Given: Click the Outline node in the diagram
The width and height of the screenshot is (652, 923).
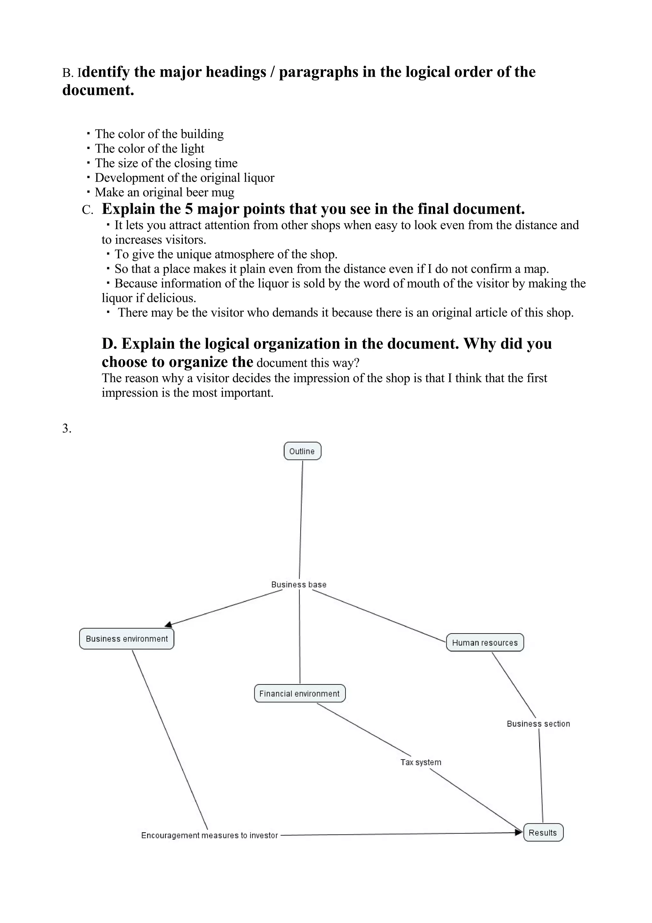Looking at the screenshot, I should pyautogui.click(x=302, y=451).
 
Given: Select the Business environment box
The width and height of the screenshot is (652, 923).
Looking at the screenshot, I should pyautogui.click(x=126, y=639).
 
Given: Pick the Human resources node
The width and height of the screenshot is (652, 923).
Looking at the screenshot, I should pyautogui.click(x=485, y=642).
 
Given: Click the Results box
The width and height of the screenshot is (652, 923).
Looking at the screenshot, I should pyautogui.click(x=543, y=833).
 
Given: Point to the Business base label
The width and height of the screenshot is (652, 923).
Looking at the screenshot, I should pyautogui.click(x=299, y=584).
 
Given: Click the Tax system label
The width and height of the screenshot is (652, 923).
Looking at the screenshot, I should pyautogui.click(x=421, y=762).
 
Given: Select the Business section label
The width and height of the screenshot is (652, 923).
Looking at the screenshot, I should pyautogui.click(x=538, y=724).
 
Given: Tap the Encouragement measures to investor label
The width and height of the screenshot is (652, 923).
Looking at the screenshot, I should pyautogui.click(x=209, y=835).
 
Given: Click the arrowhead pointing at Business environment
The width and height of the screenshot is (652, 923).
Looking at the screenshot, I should pyautogui.click(x=169, y=625).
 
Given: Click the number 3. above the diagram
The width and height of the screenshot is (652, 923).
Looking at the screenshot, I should pyautogui.click(x=67, y=429).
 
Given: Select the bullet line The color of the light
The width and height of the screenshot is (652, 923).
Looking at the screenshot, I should pyautogui.click(x=149, y=148).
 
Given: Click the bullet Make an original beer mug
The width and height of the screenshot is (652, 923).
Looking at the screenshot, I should pyautogui.click(x=164, y=192).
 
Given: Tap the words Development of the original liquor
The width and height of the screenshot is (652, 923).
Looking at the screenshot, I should pyautogui.click(x=184, y=178).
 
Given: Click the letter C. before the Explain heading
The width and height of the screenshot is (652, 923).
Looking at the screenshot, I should pyautogui.click(x=87, y=210).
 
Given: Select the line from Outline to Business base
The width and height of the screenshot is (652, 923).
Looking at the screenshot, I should pyautogui.click(x=301, y=519).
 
